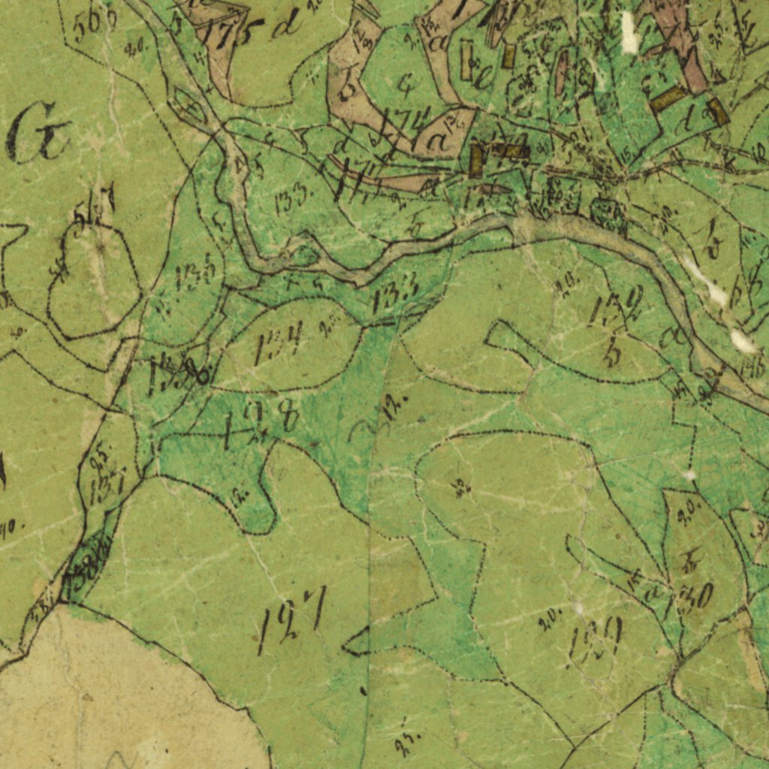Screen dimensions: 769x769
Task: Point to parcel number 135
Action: click(198, 276)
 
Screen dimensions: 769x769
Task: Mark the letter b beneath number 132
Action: click(612, 352)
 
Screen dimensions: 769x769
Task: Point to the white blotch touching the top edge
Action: click(629, 32)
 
